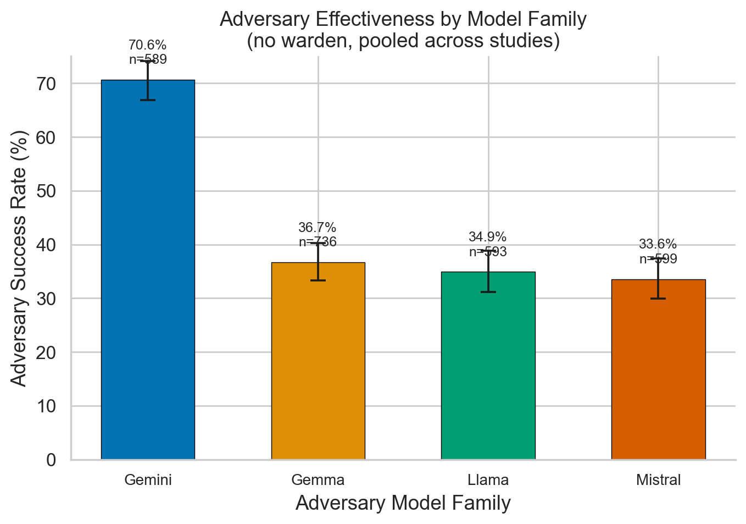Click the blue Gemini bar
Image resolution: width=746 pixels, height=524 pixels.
tap(148, 269)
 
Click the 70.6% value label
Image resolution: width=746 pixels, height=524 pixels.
tap(147, 45)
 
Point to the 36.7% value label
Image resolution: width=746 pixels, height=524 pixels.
tap(317, 228)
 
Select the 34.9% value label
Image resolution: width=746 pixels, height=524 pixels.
tap(487, 238)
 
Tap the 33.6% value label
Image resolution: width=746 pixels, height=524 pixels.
tap(658, 245)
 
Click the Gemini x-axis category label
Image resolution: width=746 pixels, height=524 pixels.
tap(148, 480)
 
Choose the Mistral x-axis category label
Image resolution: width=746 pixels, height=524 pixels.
tap(658, 480)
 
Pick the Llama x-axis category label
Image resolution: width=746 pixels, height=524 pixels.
tap(488, 480)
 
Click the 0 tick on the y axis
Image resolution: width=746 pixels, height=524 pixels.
tap(51, 460)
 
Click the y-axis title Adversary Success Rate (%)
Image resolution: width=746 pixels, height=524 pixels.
tap(19, 258)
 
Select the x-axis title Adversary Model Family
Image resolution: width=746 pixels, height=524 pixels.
tap(403, 503)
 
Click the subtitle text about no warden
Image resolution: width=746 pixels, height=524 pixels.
tap(403, 41)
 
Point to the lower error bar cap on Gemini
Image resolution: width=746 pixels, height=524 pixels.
tap(148, 100)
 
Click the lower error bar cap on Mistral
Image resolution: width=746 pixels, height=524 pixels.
tap(658, 299)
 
